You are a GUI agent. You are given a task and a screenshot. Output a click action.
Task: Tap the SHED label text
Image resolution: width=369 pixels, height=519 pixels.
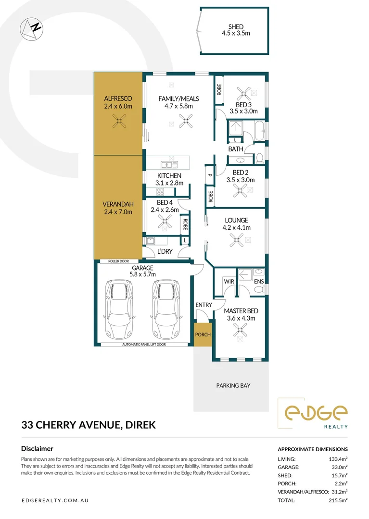tap(236, 27)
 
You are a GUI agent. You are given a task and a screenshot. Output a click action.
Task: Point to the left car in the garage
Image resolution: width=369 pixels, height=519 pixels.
tap(118, 310)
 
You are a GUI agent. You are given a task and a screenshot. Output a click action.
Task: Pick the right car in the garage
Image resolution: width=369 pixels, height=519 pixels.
tap(164, 310)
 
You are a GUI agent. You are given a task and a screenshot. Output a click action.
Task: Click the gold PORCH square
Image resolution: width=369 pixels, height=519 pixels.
tap(203, 334)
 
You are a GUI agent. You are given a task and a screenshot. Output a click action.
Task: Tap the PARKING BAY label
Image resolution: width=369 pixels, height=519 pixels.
tap(233, 385)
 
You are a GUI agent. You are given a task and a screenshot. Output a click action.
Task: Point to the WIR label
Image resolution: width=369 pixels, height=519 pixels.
tap(228, 281)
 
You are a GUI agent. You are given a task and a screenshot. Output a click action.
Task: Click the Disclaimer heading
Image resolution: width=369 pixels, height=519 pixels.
tap(37, 448)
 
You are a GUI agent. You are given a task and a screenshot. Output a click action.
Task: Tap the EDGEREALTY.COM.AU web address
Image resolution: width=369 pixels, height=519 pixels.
tap(55, 500)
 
